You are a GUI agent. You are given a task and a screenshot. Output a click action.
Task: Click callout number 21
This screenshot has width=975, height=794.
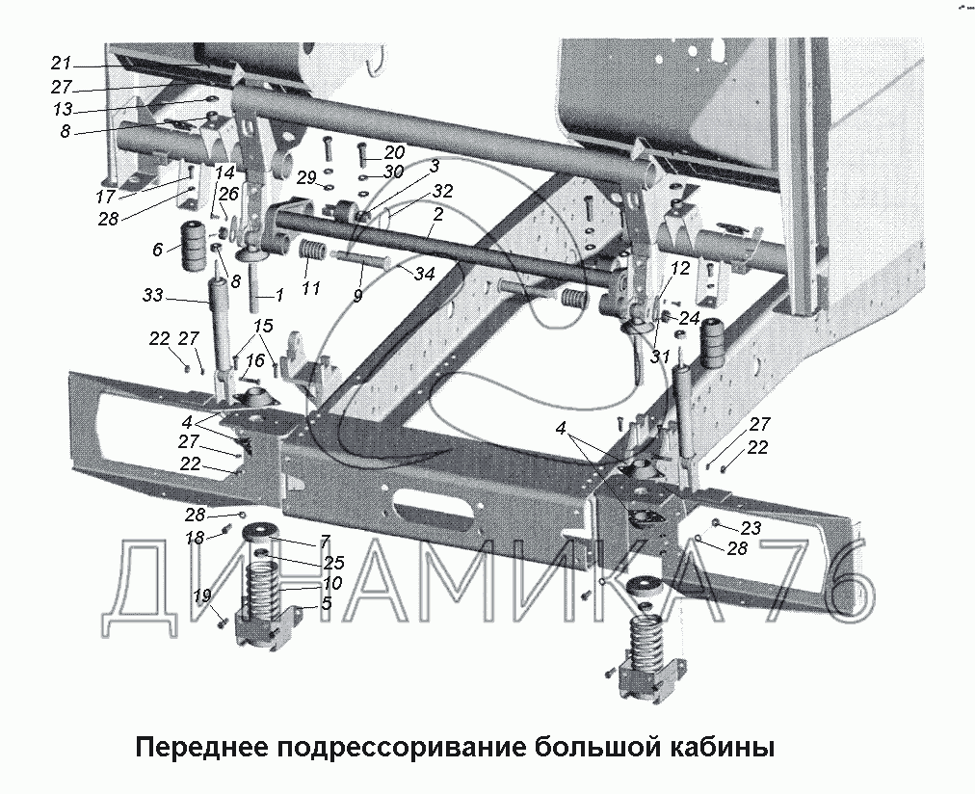[61, 64]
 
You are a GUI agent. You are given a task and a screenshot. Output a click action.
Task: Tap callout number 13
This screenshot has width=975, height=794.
[63, 110]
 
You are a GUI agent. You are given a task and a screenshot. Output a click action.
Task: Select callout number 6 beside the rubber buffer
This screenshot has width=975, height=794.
[157, 250]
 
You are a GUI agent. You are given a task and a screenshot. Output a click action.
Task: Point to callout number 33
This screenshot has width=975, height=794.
[153, 295]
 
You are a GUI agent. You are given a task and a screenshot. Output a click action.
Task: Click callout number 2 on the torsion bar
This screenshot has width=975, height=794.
[438, 215]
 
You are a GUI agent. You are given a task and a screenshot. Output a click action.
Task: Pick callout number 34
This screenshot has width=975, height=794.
[425, 273]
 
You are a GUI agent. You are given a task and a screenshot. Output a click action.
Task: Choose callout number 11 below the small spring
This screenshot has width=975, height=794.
[311, 288]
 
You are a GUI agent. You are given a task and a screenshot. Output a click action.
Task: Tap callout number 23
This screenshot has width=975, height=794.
[751, 528]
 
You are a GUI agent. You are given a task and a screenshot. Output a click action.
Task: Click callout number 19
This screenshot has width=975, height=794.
[202, 596]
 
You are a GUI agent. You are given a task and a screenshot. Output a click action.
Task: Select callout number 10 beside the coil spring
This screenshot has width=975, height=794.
[332, 583]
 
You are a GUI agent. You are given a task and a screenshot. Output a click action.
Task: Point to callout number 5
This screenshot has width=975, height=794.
[326, 603]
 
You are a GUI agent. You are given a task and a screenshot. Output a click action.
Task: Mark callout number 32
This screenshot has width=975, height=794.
[443, 191]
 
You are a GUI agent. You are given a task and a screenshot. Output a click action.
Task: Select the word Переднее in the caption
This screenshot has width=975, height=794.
[202, 747]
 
